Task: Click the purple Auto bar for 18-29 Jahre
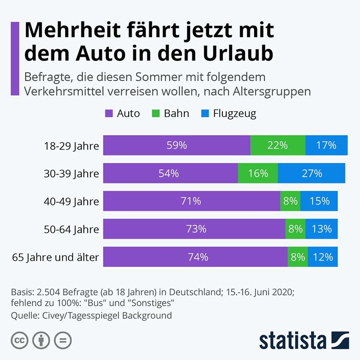[177, 145]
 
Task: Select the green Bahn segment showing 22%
[277, 145]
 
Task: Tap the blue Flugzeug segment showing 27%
[311, 173]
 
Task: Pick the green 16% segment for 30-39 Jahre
[258, 173]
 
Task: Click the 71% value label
[191, 201]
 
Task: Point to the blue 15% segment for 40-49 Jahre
[319, 201]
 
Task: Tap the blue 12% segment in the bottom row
[323, 257]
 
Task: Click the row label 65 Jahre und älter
[55, 257]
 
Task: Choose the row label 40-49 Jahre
[71, 201]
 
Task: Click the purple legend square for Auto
[109, 114]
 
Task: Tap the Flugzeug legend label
[234, 114]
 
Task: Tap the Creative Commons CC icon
[19, 340]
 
